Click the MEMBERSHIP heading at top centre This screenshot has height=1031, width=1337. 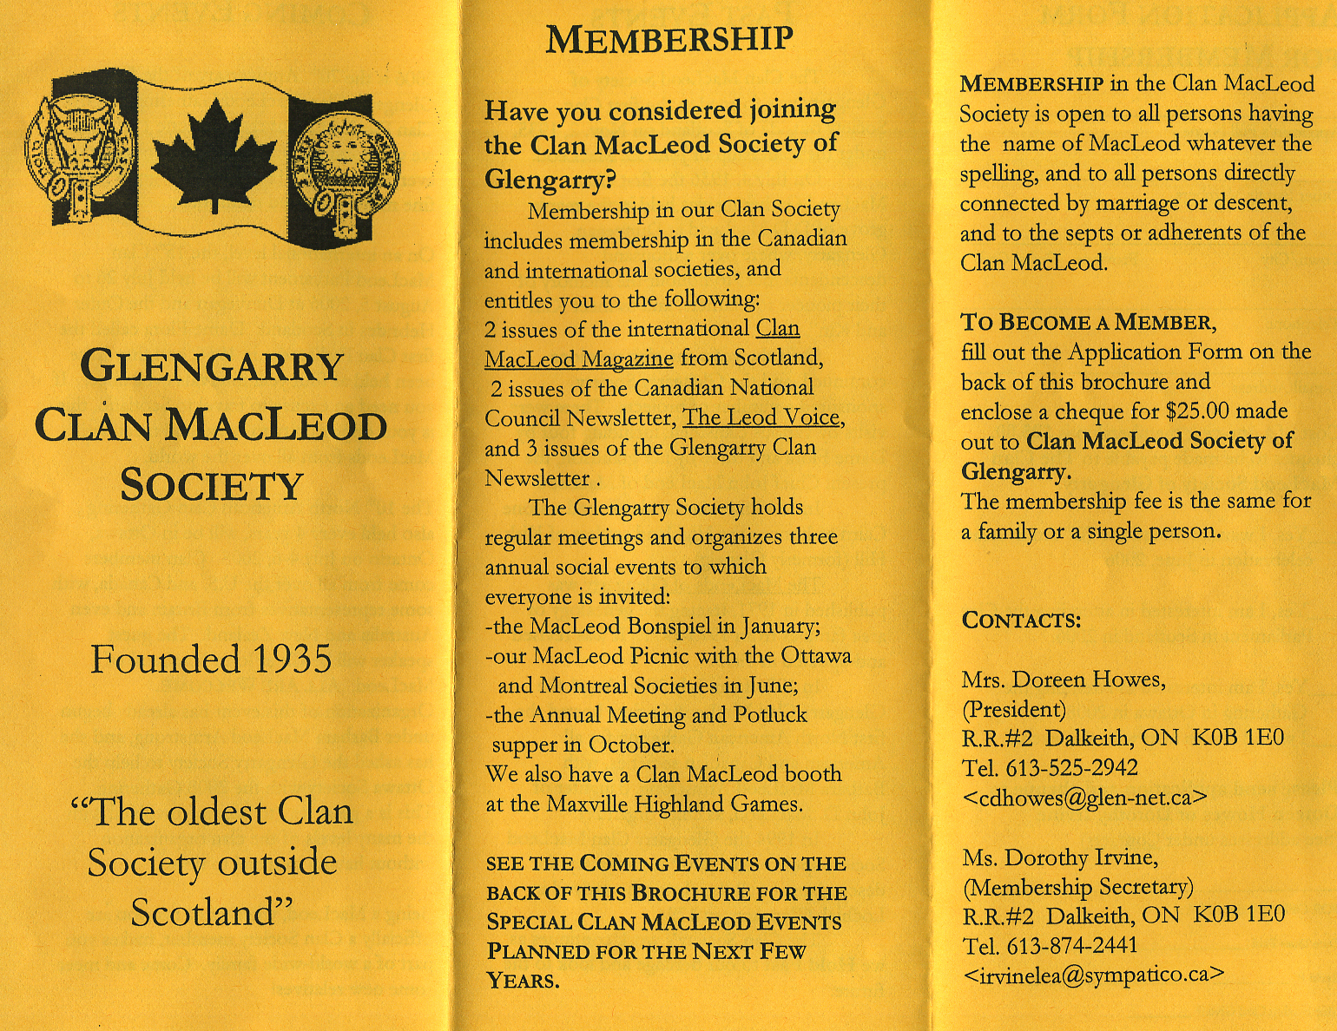pyautogui.click(x=668, y=39)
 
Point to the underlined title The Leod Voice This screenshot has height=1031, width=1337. pyautogui.click(x=761, y=417)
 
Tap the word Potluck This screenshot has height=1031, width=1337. pyautogui.click(x=770, y=715)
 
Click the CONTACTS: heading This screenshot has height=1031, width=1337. pyautogui.click(x=1021, y=621)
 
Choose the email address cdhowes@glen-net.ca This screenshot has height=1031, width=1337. pyautogui.click(x=1085, y=798)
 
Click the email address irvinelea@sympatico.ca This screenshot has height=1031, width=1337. pyautogui.click(x=1093, y=975)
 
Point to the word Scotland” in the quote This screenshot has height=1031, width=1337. pyautogui.click(x=212, y=913)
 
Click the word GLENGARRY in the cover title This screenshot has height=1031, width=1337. pyautogui.click(x=212, y=366)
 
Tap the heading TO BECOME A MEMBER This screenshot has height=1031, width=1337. pyautogui.click(x=1088, y=322)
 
